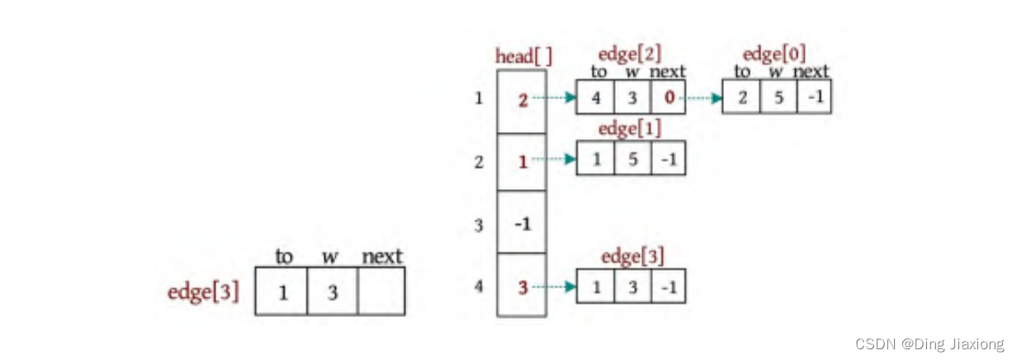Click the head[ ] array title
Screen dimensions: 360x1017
click(523, 57)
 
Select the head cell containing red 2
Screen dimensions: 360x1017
click(522, 101)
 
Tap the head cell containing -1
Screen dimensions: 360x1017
click(522, 223)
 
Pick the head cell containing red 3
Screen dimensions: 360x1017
click(522, 287)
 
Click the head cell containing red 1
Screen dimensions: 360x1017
click(522, 162)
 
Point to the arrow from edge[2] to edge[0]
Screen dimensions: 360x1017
click(704, 97)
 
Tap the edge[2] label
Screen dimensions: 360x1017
click(630, 55)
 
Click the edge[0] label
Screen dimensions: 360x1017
click(775, 55)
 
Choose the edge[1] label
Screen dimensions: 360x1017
click(630, 129)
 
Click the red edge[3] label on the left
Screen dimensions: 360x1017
click(203, 291)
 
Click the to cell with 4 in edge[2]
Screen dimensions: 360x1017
click(595, 97)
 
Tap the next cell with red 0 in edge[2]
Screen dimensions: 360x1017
click(668, 97)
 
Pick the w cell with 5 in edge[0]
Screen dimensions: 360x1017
click(778, 97)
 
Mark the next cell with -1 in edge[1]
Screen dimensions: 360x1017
click(668, 159)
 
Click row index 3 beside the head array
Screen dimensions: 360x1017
click(479, 225)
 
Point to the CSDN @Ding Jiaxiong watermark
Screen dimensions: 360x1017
click(929, 343)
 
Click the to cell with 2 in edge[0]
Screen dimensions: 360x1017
click(741, 97)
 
